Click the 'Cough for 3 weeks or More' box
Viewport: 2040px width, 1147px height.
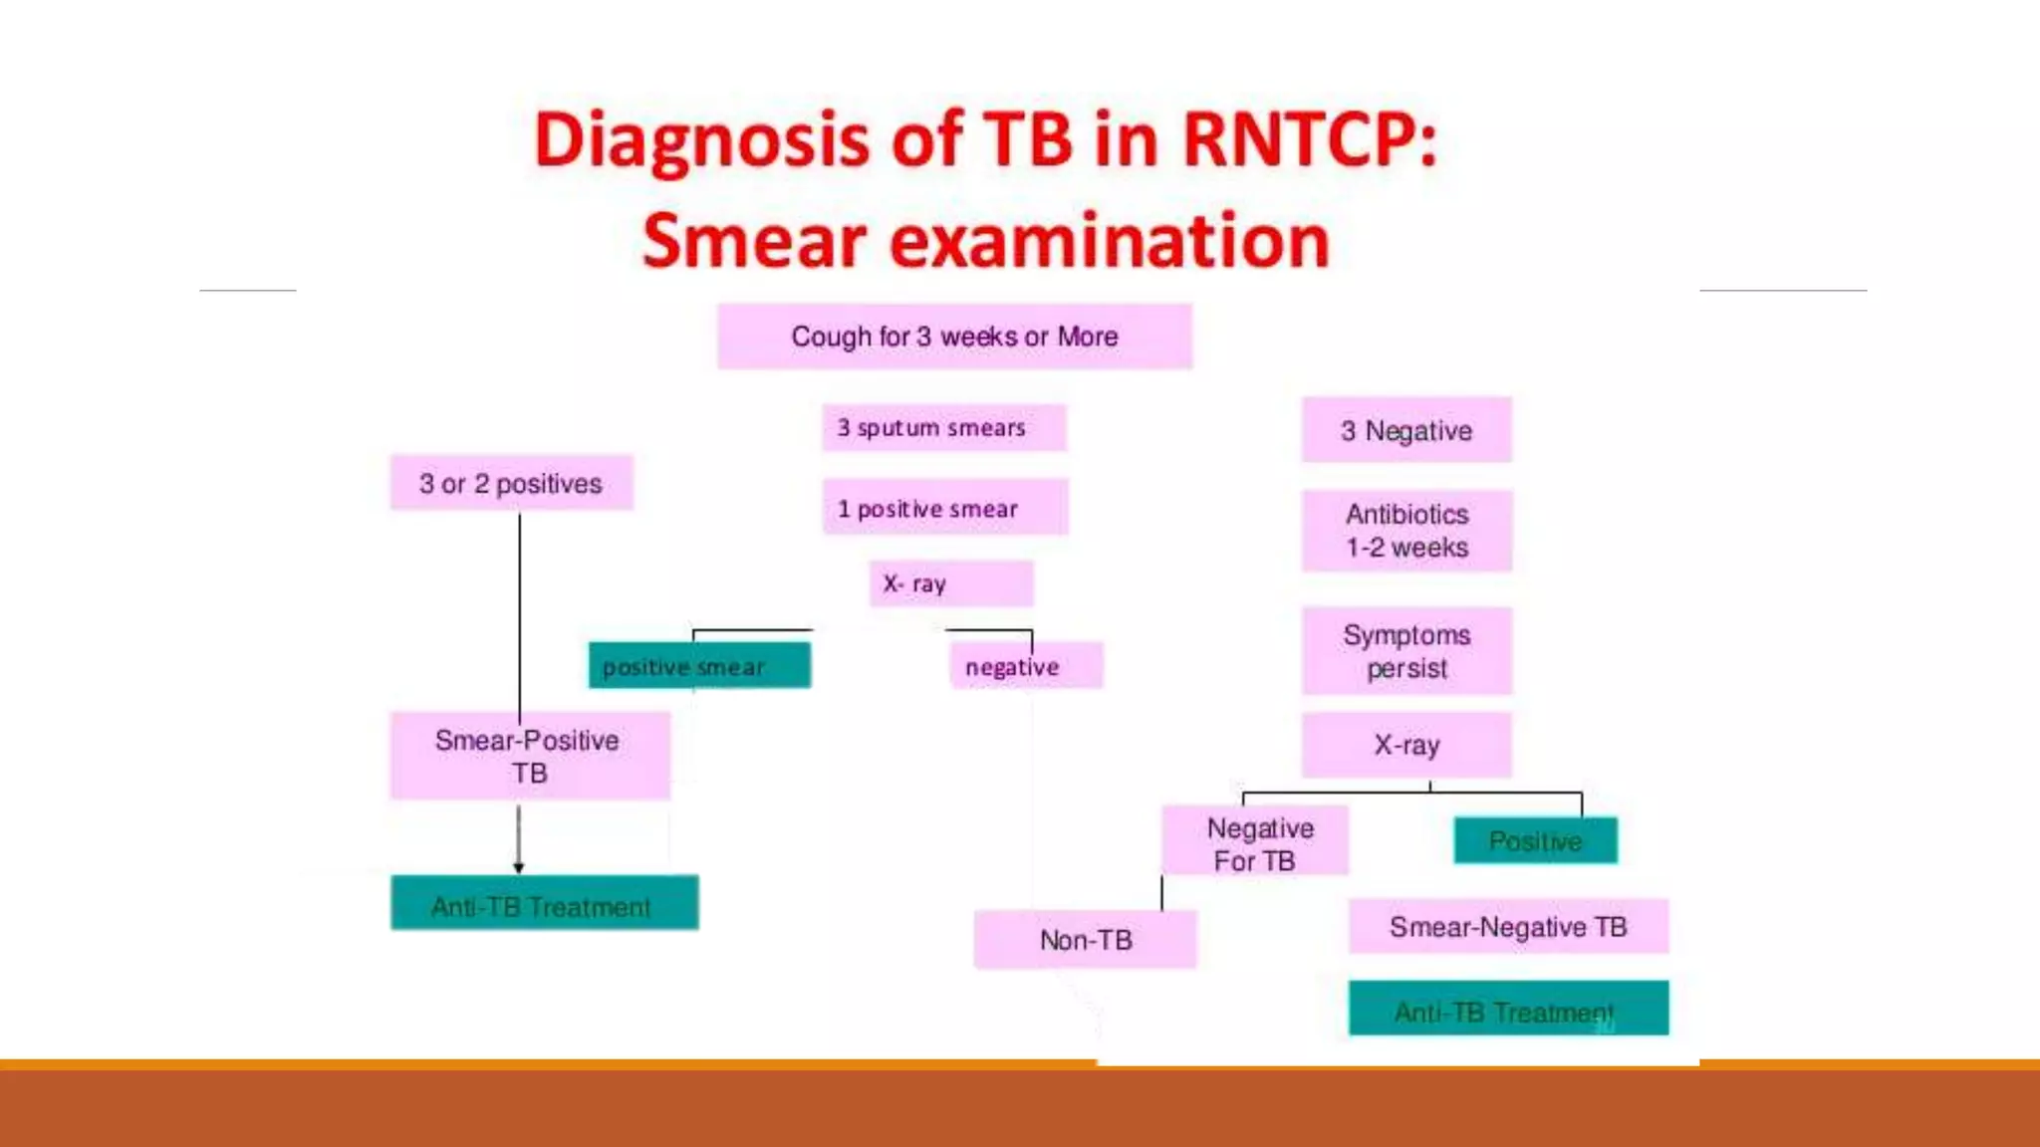[954, 337]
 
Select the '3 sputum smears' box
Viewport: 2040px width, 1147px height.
[943, 428]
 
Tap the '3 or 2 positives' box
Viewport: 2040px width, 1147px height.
[511, 484]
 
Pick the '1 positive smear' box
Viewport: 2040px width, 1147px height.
[944, 508]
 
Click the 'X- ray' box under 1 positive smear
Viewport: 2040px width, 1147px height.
[951, 583]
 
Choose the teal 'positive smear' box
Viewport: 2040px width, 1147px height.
[699, 666]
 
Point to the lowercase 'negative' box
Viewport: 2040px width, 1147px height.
[1026, 666]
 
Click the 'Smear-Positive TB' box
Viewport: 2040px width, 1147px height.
[529, 756]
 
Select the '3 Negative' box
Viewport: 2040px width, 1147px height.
[1406, 430]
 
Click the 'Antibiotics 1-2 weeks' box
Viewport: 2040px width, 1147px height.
[1406, 531]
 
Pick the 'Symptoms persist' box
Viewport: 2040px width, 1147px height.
[1406, 651]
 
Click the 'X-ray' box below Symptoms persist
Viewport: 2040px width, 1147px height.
[1406, 745]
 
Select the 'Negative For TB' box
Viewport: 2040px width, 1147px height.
[1255, 842]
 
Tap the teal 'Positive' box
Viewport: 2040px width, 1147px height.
[1535, 841]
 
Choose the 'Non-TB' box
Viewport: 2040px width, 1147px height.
[1085, 940]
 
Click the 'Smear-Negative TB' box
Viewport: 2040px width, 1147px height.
[1508, 927]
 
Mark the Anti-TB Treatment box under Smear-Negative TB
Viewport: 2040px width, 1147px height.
[1508, 1009]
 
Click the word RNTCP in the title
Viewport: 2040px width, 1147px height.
[1309, 139]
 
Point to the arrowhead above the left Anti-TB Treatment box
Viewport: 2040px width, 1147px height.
[518, 867]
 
